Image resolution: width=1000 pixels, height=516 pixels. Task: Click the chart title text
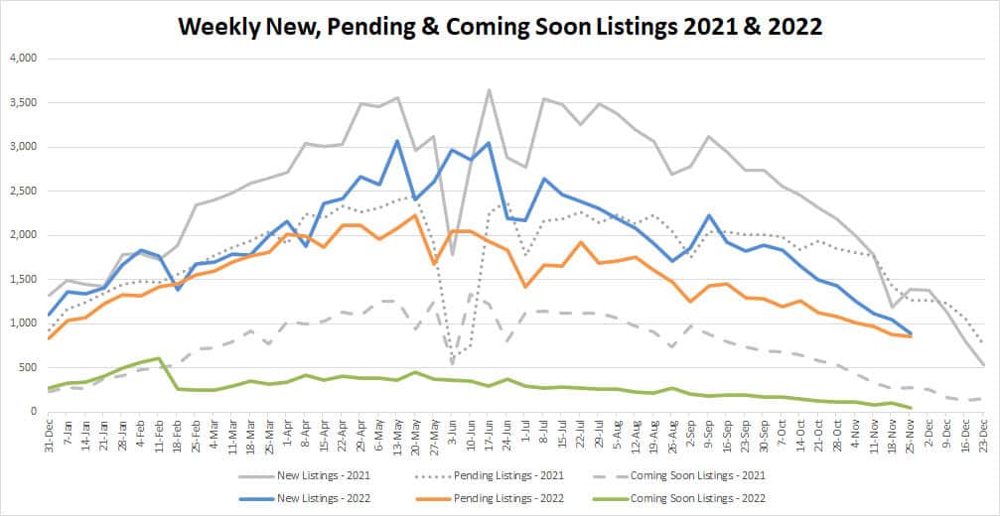click(500, 26)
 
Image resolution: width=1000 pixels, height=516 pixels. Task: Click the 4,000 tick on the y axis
click(20, 59)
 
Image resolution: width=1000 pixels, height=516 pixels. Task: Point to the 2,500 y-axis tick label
click(20, 191)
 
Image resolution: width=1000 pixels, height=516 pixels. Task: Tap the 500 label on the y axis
click(25, 367)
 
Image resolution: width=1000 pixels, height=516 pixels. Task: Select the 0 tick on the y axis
click(33, 411)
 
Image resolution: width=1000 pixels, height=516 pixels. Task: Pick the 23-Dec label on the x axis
click(980, 435)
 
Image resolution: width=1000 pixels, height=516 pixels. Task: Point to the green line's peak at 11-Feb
click(160, 358)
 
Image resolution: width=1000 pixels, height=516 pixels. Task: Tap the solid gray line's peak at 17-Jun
click(490, 90)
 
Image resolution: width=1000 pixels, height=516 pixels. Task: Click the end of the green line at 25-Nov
click(911, 408)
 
